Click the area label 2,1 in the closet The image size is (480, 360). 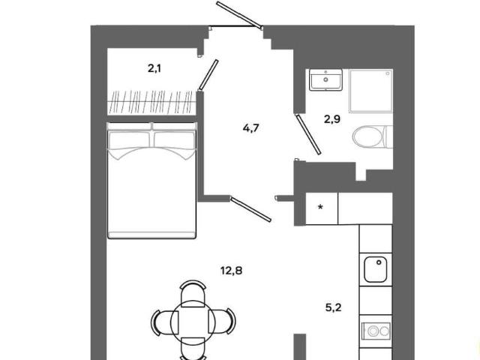pyautogui.click(x=154, y=68)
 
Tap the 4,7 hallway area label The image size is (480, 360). pyautogui.click(x=250, y=128)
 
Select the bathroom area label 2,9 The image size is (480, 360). pyautogui.click(x=332, y=118)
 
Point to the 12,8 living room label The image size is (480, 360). pyautogui.click(x=232, y=271)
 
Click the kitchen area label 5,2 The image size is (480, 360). pyautogui.click(x=333, y=307)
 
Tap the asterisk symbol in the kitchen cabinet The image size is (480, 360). pyautogui.click(x=320, y=207)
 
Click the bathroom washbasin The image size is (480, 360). pyautogui.click(x=325, y=80)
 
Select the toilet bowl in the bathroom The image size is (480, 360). pyautogui.click(x=372, y=136)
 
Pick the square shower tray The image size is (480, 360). pyautogui.click(x=371, y=91)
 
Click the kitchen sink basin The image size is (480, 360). pyautogui.click(x=375, y=270)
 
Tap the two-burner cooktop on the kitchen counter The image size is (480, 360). pyautogui.click(x=376, y=331)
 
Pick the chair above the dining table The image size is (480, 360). pyautogui.click(x=193, y=293)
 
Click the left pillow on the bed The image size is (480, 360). pyautogui.click(x=130, y=140)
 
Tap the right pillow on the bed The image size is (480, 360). pyautogui.click(x=174, y=140)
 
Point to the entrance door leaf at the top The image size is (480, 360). pyautogui.click(x=239, y=15)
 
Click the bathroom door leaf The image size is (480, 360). pyautogui.click(x=308, y=134)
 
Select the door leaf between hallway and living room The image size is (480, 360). pyautogui.click(x=250, y=209)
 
